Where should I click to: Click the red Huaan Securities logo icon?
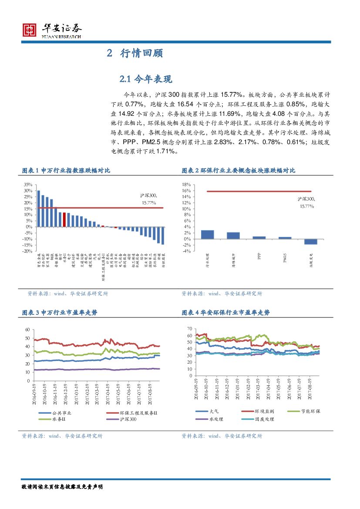pyautogui.click(x=30, y=29)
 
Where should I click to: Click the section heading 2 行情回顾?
pyautogui.click(x=135, y=54)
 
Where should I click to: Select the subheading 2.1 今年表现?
pyautogui.click(x=146, y=79)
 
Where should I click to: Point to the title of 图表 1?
pyautogui.click(x=66, y=171)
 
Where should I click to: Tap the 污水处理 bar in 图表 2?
pyautogui.click(x=207, y=234)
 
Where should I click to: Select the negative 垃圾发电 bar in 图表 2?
pyautogui.click(x=310, y=242)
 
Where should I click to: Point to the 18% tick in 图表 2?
pyautogui.click(x=186, y=185)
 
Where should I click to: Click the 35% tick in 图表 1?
pyautogui.click(x=27, y=185)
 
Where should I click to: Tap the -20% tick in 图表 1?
pyautogui.click(x=27, y=251)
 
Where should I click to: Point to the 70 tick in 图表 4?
pyautogui.click(x=189, y=328)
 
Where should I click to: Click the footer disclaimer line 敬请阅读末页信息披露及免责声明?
pyautogui.click(x=62, y=486)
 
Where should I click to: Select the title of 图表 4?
pyautogui.click(x=225, y=313)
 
